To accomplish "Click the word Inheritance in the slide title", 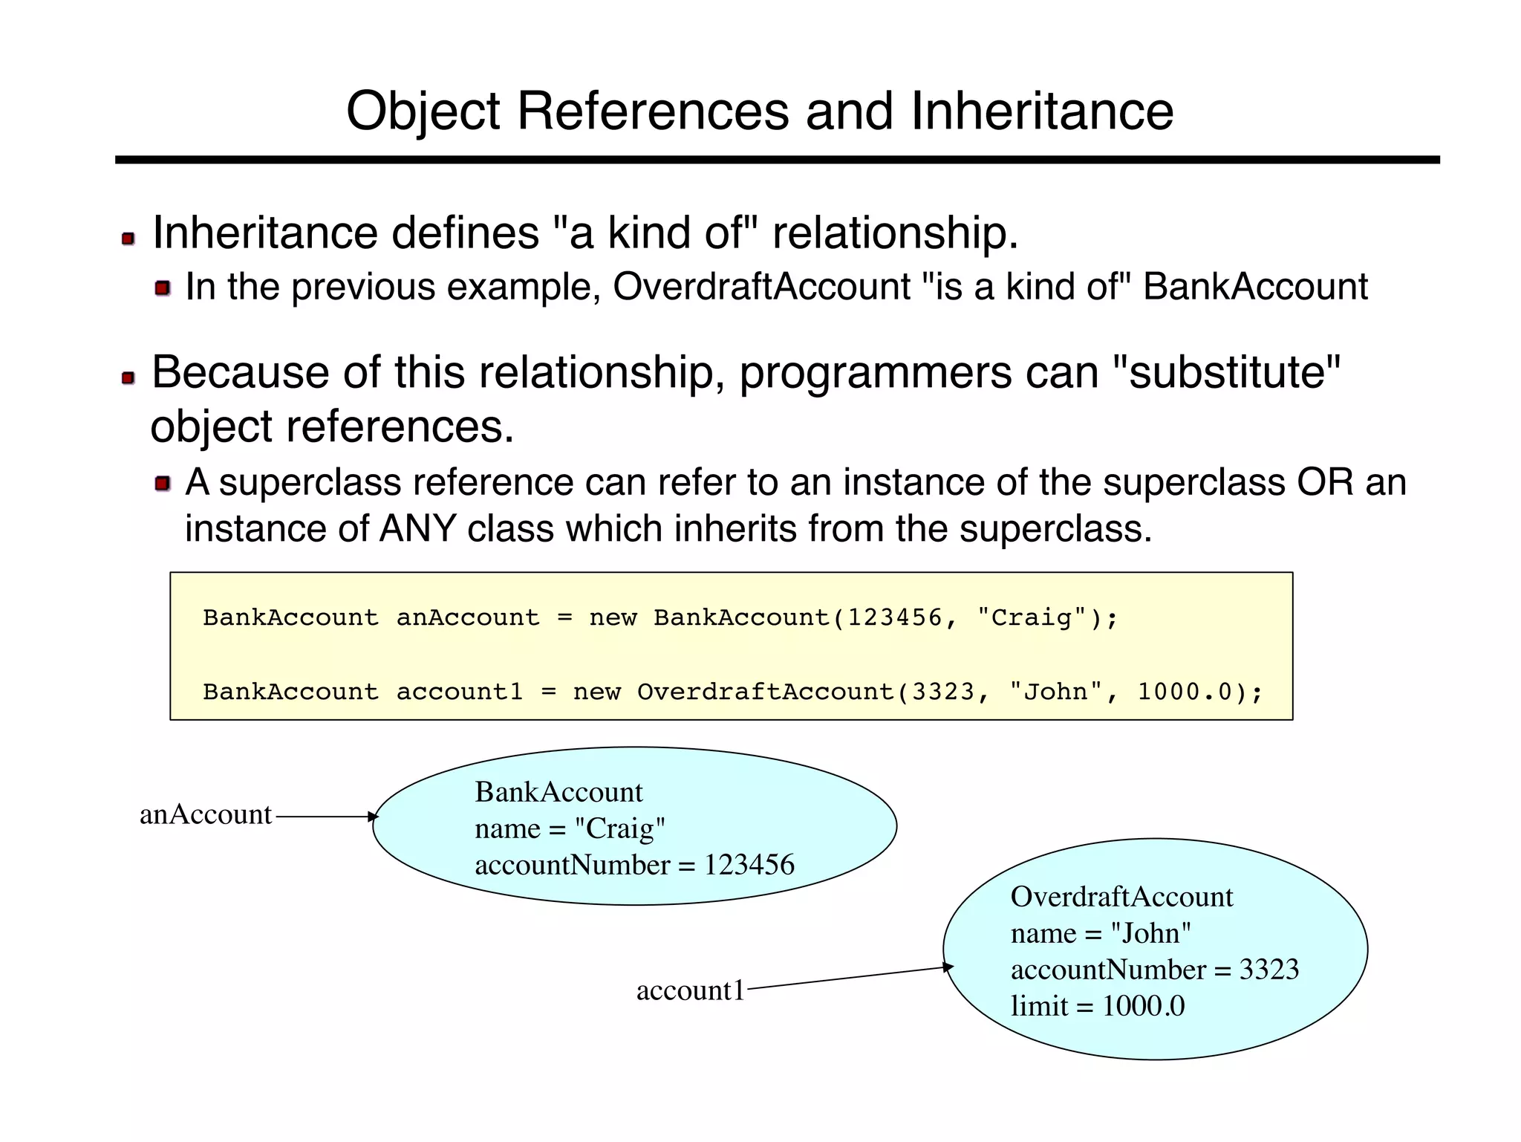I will (1041, 111).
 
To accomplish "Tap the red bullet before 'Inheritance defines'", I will (128, 239).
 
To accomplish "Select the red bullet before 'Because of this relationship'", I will (128, 378).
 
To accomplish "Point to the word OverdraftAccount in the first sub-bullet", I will (762, 287).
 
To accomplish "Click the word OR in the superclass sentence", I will (1326, 482).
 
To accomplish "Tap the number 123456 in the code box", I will (895, 617).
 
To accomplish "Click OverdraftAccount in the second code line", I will (766, 692).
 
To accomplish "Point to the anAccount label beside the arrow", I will (206, 815).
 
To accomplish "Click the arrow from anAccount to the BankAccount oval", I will (325, 817).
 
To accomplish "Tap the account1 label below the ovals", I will (690, 990).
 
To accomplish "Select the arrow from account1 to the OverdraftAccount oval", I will (849, 978).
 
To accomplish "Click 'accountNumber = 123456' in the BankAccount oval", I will (634, 865).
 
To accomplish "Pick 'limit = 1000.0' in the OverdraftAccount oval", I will (1098, 1006).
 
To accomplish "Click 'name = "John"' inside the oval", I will (1101, 933).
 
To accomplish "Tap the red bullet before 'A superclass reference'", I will (163, 484).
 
